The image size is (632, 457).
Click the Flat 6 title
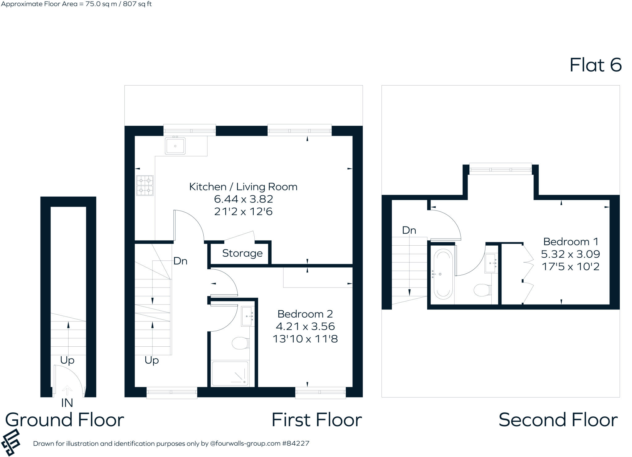click(595, 65)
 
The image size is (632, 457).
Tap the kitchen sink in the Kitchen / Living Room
click(175, 146)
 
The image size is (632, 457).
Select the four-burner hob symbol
click(145, 186)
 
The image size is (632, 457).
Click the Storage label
click(242, 253)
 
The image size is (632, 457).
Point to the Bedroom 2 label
click(305, 314)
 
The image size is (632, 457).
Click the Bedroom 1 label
click(571, 242)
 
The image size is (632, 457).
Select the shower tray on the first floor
click(230, 373)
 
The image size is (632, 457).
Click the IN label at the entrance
click(67, 403)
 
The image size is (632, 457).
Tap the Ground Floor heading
click(64, 420)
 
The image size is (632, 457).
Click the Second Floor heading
click(558, 420)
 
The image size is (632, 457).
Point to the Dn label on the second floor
click(409, 230)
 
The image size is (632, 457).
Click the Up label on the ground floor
click(67, 360)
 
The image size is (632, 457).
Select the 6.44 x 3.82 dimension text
click(243, 199)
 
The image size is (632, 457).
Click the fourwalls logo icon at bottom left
click(11, 442)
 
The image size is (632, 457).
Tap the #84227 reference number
click(295, 443)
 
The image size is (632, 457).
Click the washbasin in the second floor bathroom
click(491, 263)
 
